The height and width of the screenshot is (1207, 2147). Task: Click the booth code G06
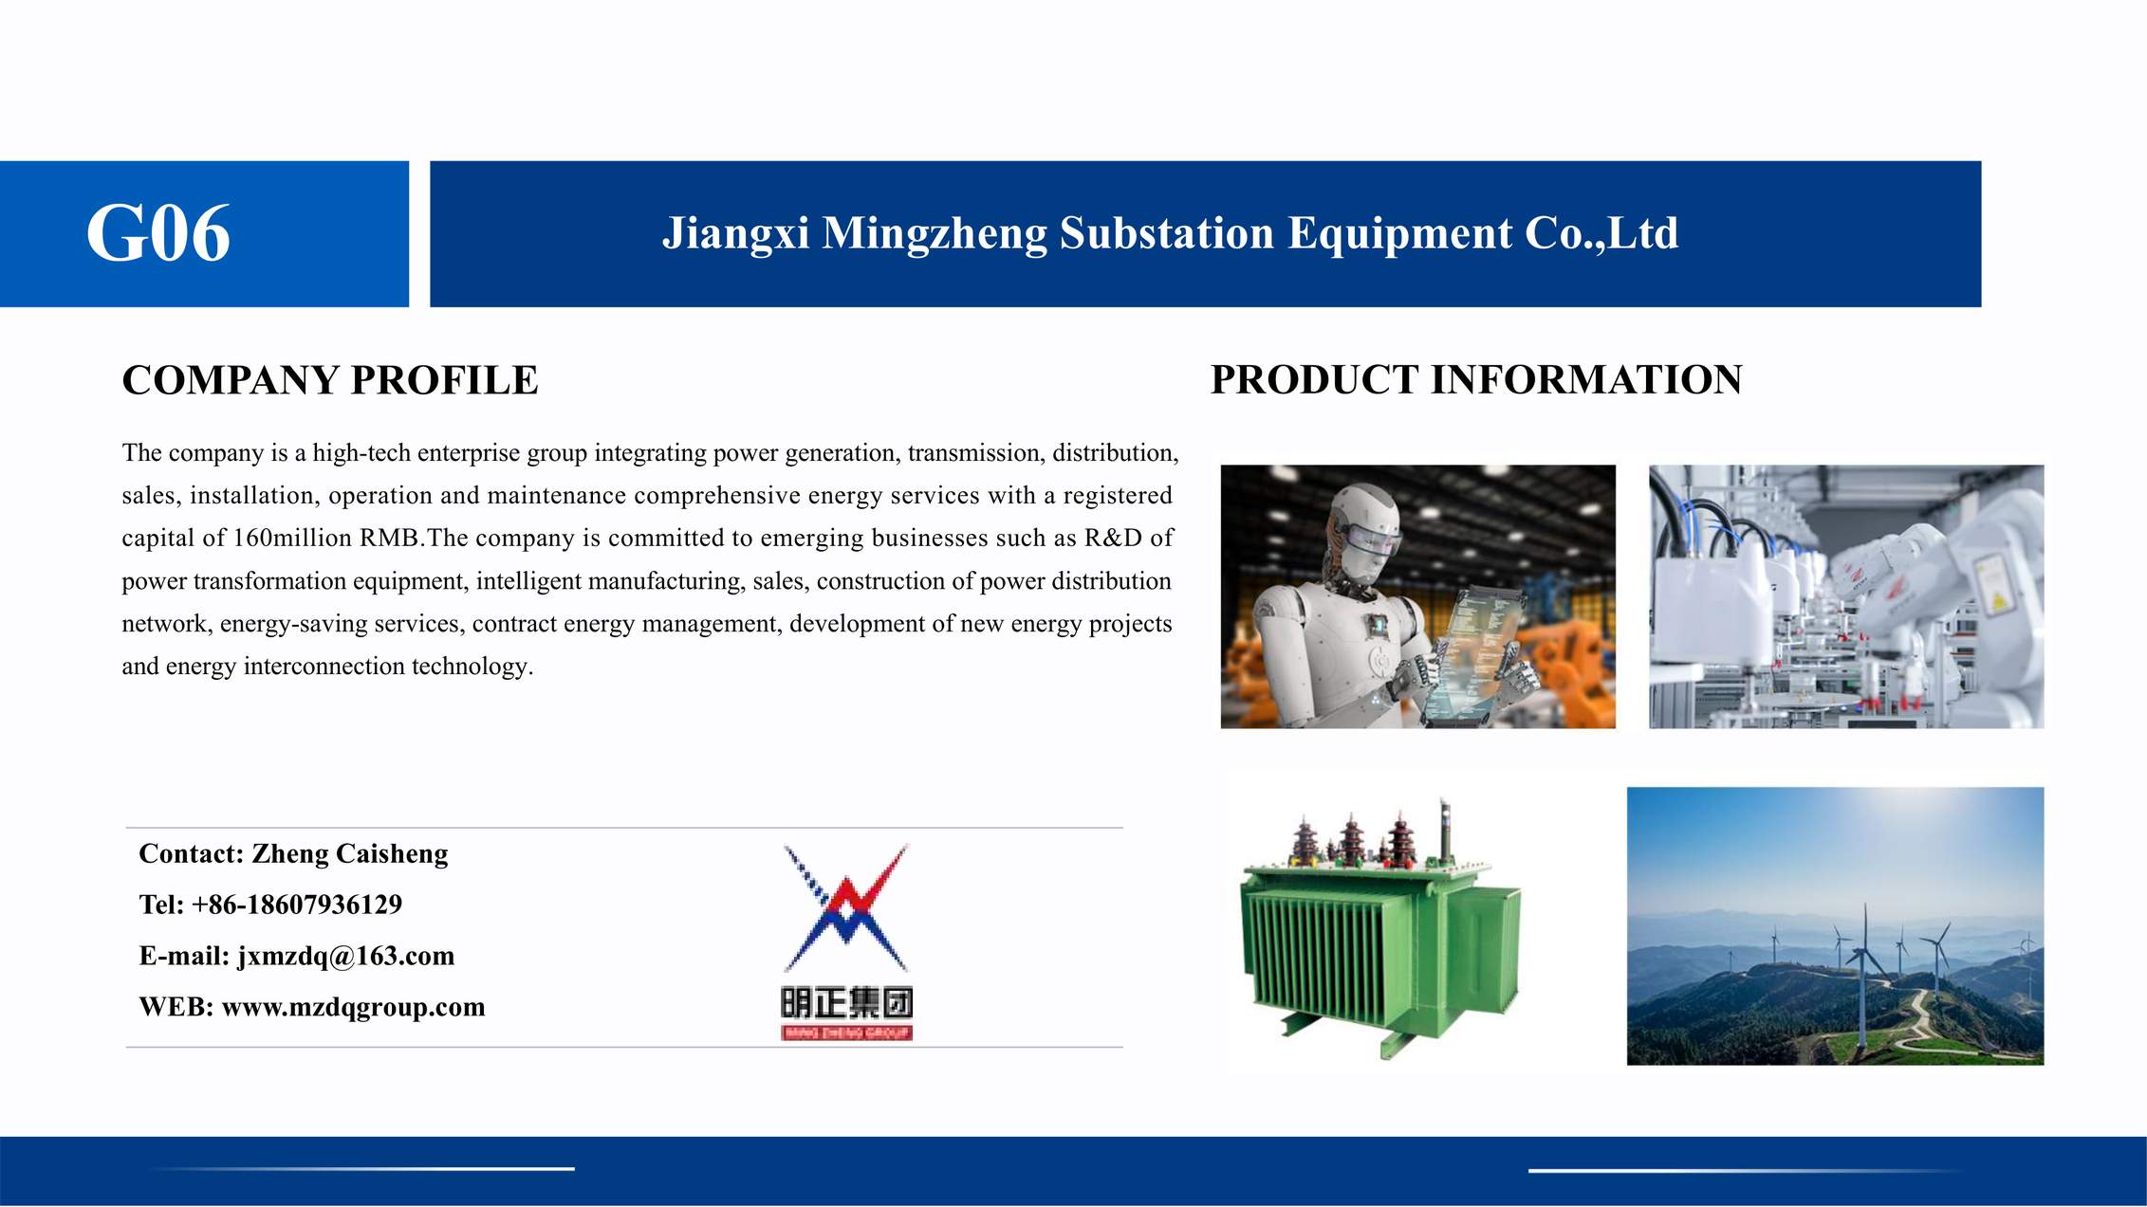click(x=158, y=233)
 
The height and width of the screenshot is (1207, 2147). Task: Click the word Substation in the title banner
click(x=1166, y=233)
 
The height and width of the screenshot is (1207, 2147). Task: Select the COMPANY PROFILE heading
click(x=329, y=380)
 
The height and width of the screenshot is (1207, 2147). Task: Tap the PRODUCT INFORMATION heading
click(x=1476, y=380)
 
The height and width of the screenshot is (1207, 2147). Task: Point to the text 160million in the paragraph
click(x=292, y=538)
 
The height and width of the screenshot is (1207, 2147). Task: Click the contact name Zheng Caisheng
click(x=349, y=854)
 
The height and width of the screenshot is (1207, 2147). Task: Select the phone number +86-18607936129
click(x=297, y=905)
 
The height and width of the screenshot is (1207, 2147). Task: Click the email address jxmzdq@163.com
click(x=346, y=956)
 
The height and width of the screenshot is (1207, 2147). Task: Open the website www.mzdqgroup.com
click(x=353, y=1007)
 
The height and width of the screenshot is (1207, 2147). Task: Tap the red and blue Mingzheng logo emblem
click(x=846, y=908)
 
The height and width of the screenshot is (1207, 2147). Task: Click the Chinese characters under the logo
click(x=847, y=1002)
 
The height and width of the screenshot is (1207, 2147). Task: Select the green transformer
click(x=1380, y=930)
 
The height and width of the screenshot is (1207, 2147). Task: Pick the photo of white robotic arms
click(x=1846, y=596)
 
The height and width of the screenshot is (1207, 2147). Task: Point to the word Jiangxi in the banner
click(x=735, y=233)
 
